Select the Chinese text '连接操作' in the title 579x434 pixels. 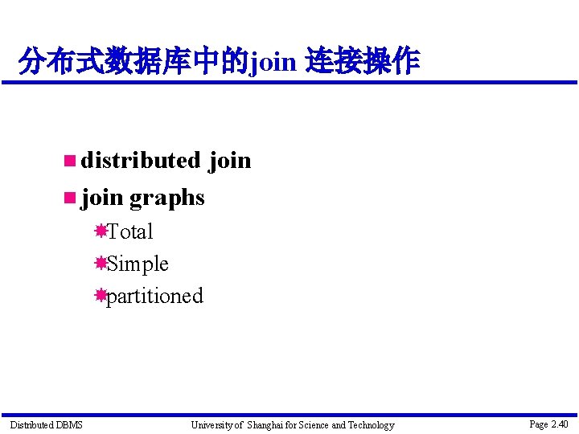coord(363,61)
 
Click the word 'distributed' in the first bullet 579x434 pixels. coord(140,160)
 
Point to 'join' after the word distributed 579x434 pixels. coord(230,161)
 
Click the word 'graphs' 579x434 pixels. coord(167,198)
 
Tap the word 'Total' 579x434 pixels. coord(129,231)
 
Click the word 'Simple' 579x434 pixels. coord(138,264)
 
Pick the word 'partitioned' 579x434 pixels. coord(154,296)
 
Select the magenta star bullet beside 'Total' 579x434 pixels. coord(101,231)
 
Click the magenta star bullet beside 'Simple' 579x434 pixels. coord(101,263)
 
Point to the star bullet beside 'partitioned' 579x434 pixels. coord(101,295)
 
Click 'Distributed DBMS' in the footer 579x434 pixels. coord(46,425)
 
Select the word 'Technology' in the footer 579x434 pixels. coord(371,425)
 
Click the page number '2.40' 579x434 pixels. coord(560,424)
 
